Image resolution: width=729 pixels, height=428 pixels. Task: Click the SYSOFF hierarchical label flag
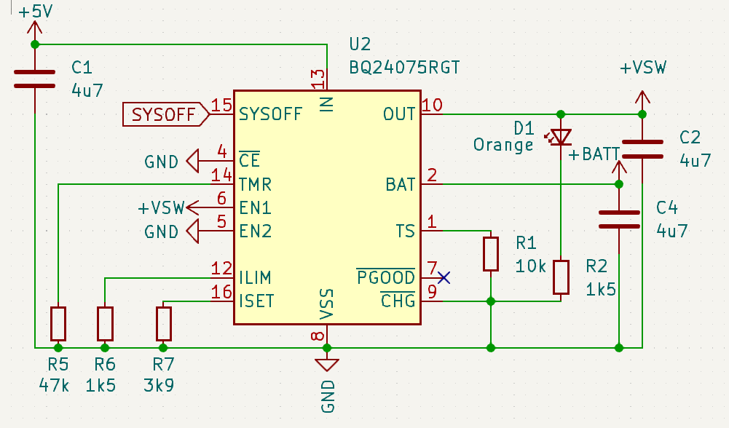pyautogui.click(x=167, y=114)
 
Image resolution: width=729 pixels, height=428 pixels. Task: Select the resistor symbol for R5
pyautogui.click(x=58, y=324)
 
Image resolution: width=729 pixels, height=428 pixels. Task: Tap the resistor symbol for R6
pyautogui.click(x=105, y=324)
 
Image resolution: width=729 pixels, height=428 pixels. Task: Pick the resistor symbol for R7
pyautogui.click(x=163, y=324)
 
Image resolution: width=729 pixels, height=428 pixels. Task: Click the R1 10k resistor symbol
pyautogui.click(x=491, y=253)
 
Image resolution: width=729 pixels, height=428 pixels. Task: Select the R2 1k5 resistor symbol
pyautogui.click(x=560, y=277)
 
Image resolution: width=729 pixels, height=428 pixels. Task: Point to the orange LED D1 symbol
pyautogui.click(x=560, y=136)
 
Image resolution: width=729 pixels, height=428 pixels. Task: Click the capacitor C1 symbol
pyautogui.click(x=34, y=79)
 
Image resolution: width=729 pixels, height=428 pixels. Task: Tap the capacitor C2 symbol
pyautogui.click(x=642, y=149)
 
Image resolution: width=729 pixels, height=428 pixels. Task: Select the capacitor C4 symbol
pyautogui.click(x=618, y=219)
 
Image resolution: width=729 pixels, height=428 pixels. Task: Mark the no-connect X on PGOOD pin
pyautogui.click(x=444, y=277)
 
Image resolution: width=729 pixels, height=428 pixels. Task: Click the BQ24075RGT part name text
pyautogui.click(x=404, y=68)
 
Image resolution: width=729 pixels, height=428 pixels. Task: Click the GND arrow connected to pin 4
pyautogui.click(x=194, y=161)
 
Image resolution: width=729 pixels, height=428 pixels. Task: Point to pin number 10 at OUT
pyautogui.click(x=432, y=105)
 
